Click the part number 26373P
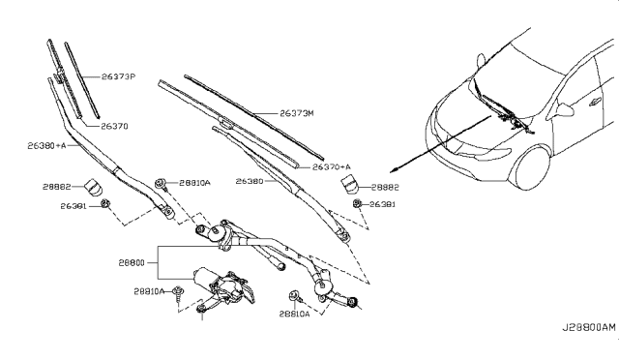[x=118, y=76]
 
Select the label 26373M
[x=297, y=113]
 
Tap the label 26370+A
[x=331, y=167]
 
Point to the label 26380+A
[x=46, y=146]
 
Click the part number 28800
[x=132, y=263]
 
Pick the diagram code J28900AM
[x=589, y=328]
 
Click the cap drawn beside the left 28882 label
[x=94, y=187]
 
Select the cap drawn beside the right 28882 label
[x=350, y=185]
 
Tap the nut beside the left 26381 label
[x=105, y=204]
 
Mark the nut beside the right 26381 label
[x=357, y=203]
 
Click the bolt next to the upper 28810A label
[x=161, y=184]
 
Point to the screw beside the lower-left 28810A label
[x=178, y=294]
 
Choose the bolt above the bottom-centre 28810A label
[x=294, y=295]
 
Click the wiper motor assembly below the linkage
[x=223, y=286]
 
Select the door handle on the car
[x=594, y=103]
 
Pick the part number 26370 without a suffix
[x=114, y=127]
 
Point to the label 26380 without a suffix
[x=250, y=181]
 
